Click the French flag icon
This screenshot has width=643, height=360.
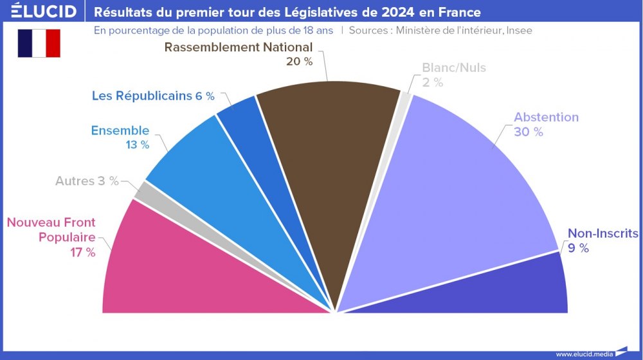tap(39, 43)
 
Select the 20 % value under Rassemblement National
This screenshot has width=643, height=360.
tap(299, 62)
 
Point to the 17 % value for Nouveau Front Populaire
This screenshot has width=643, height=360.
tap(83, 253)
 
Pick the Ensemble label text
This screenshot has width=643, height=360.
tap(120, 130)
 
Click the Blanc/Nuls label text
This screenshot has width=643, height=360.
tap(454, 67)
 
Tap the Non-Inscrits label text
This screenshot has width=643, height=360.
tap(602, 233)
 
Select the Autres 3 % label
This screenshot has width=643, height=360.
tap(87, 181)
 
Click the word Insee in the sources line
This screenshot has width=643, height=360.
tap(519, 30)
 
